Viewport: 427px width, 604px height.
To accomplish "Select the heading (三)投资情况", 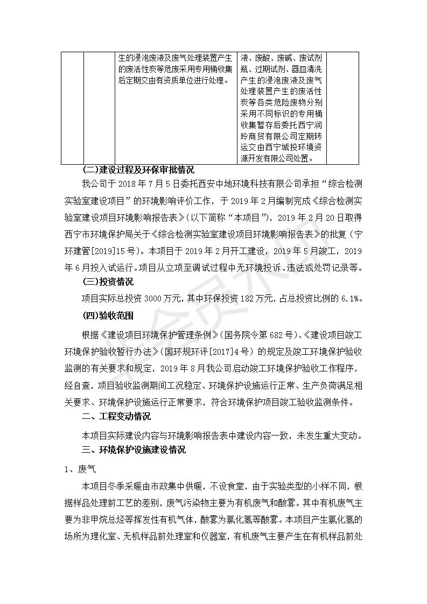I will [108, 282].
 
